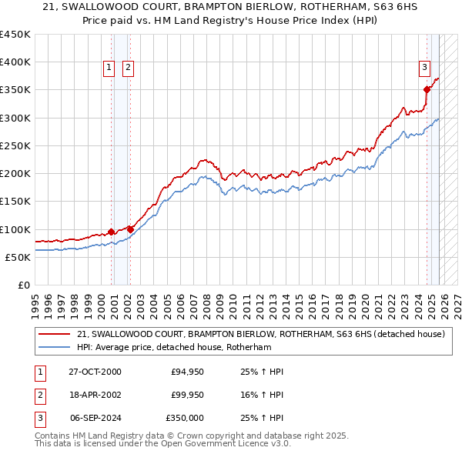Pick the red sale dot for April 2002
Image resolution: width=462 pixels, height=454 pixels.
pyautogui.click(x=131, y=229)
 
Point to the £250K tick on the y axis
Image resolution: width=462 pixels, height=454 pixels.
pyautogui.click(x=15, y=145)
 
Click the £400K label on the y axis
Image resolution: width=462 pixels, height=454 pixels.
pyautogui.click(x=15, y=62)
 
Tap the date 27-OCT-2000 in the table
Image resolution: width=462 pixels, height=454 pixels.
pyautogui.click(x=95, y=372)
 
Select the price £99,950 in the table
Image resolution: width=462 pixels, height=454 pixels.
pyautogui.click(x=188, y=395)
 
